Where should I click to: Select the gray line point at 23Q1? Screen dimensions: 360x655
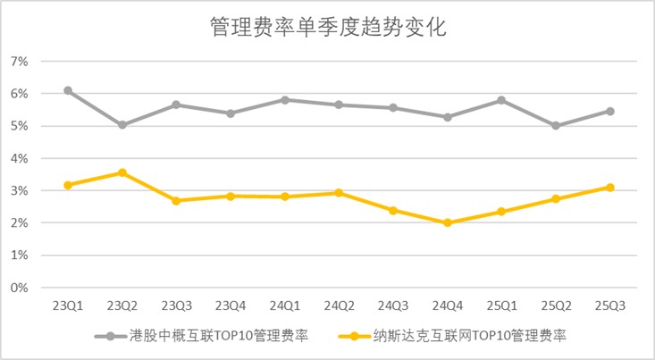68,90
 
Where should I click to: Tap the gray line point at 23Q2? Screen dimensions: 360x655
122,125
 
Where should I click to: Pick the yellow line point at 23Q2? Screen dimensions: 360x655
122,172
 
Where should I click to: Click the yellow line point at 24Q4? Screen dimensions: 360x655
448,222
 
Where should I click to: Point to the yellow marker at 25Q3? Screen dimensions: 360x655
610,187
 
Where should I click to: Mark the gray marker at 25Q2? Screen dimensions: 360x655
556,126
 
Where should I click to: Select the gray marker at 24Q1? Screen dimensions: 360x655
285,99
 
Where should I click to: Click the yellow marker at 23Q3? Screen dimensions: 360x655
176,200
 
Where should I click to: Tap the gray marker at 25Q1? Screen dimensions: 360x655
502,100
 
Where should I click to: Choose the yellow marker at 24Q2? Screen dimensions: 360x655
339,192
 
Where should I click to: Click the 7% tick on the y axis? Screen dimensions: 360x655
20,61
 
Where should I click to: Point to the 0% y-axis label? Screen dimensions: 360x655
20,288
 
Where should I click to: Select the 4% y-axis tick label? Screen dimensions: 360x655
20,158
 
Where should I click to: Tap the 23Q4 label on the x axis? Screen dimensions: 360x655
231,306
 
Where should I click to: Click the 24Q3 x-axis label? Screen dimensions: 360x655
393,306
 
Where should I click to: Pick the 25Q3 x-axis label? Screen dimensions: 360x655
610,306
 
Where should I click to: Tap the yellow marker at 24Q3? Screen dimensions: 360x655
393,210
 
